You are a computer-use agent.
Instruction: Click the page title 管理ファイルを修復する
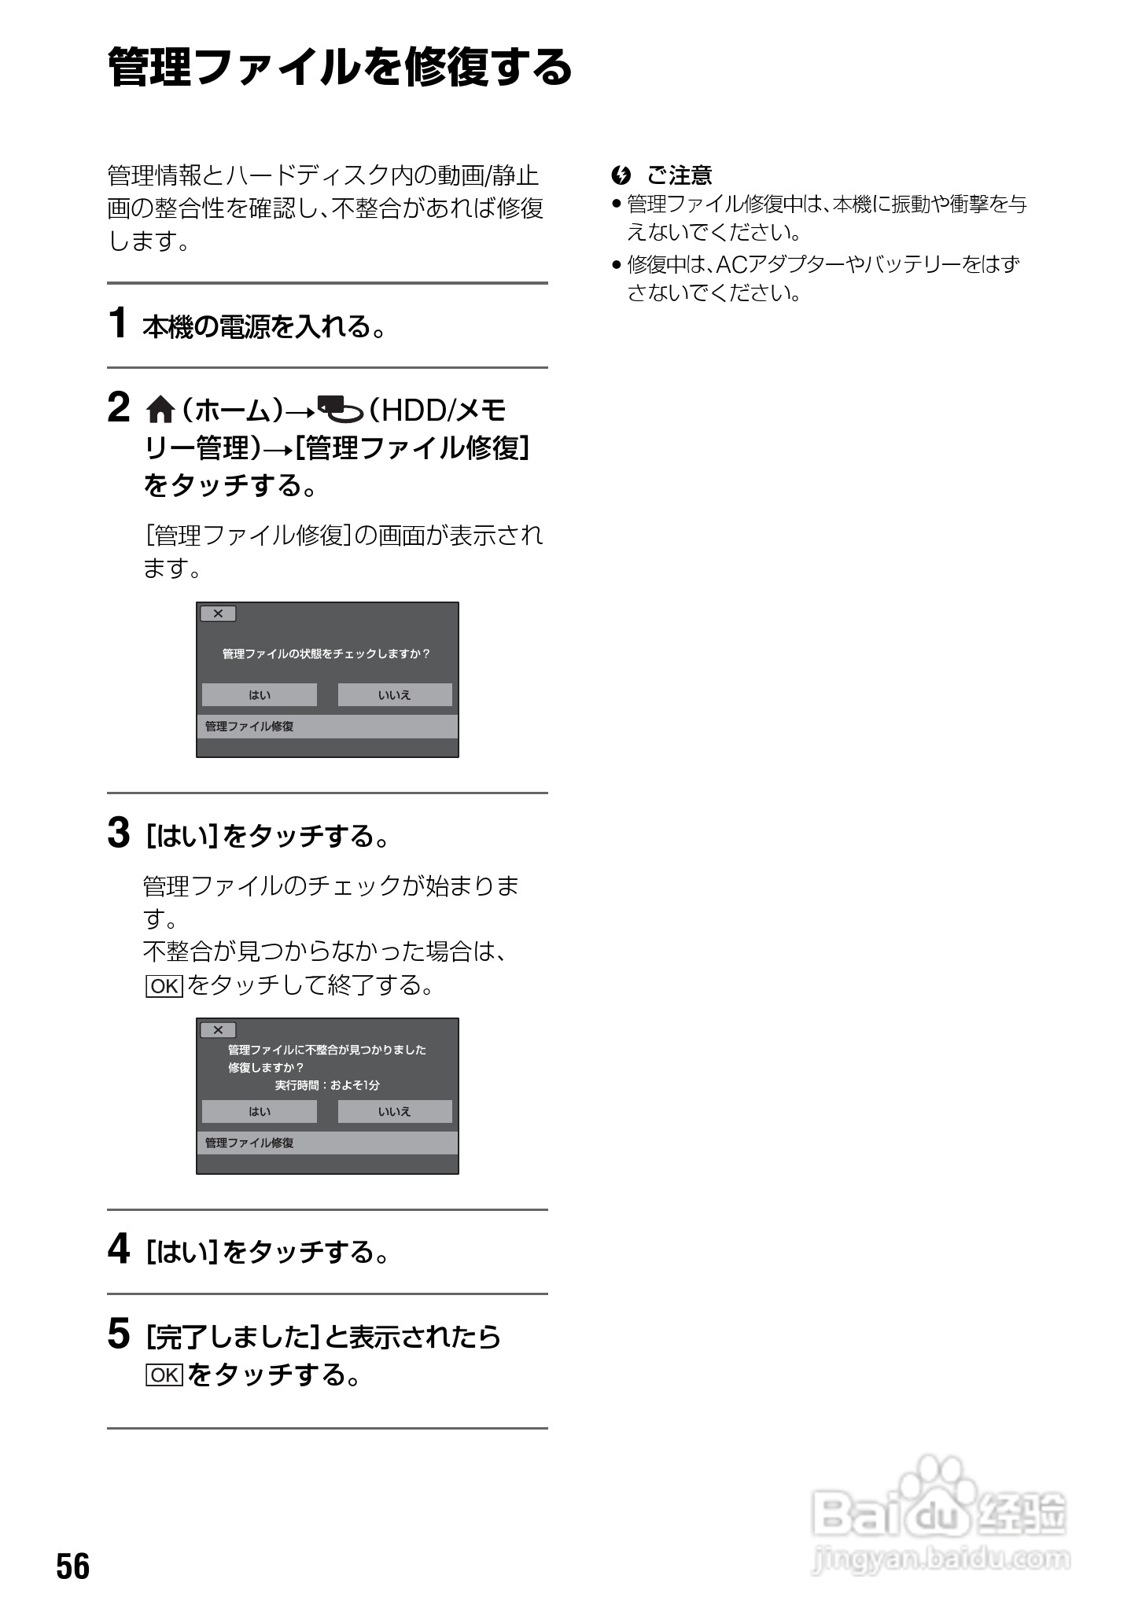340,67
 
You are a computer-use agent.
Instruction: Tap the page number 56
73,1566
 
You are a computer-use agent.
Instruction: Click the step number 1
118,323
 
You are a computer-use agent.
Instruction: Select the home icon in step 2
160,410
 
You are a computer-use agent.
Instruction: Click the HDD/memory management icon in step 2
340,410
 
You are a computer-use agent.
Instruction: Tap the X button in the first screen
218,613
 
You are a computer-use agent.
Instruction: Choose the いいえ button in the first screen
395,695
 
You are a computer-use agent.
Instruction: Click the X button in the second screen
218,1030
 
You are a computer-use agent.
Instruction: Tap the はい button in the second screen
260,1111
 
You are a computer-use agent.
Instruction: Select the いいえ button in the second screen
395,1111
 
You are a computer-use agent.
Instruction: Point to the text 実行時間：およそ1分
327,1085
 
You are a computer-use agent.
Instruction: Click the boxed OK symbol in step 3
164,985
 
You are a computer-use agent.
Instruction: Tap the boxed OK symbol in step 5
164,1375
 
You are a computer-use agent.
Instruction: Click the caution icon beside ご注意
621,175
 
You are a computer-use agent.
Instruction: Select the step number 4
119,1249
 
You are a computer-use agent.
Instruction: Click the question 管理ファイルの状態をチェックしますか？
326,653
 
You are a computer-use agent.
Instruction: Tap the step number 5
119,1334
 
